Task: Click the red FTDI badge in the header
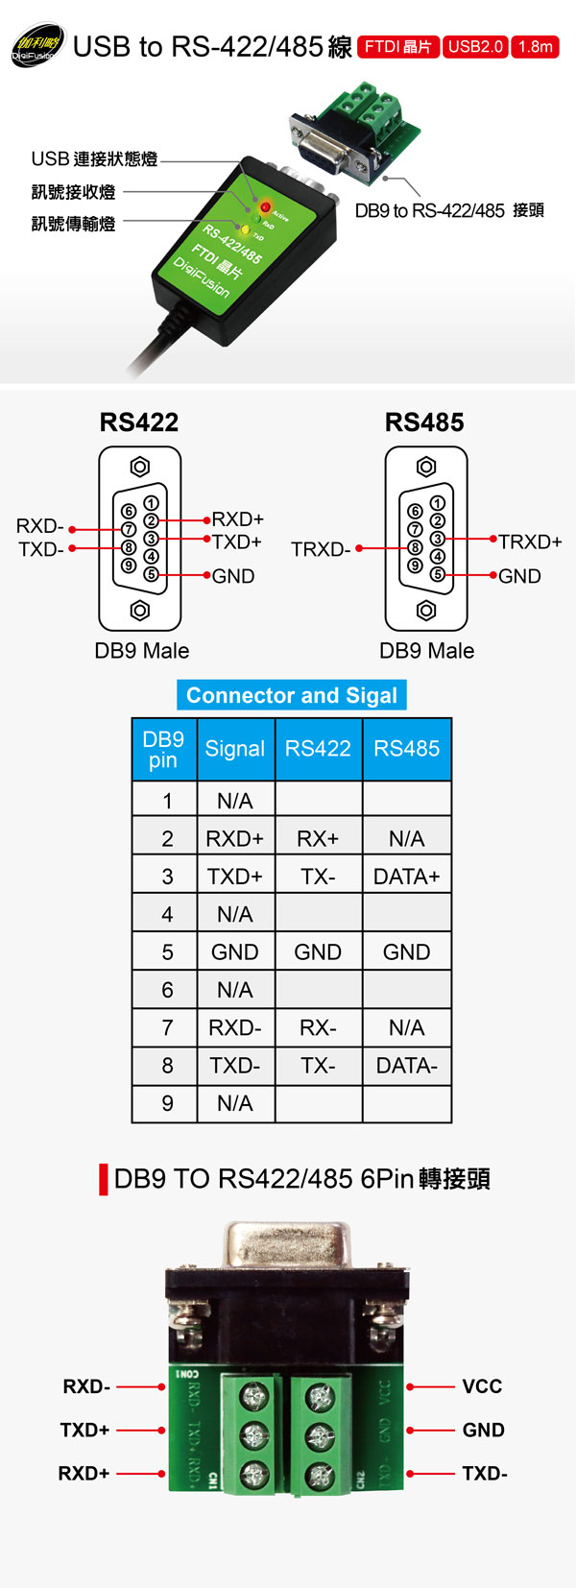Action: coord(397,46)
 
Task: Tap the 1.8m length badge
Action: coord(535,46)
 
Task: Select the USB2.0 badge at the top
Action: coord(475,46)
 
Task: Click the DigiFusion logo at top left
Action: coord(36,45)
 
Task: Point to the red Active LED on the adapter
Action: coord(265,206)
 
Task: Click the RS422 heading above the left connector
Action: coord(139,422)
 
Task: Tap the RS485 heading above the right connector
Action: coord(424,422)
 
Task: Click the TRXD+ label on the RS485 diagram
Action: coord(530,541)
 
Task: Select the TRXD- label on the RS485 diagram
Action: coord(321,549)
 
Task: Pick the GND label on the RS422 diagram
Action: coord(233,576)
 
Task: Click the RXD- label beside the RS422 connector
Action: coord(39,526)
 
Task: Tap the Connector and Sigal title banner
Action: coord(291,695)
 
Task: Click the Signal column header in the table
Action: coord(235,749)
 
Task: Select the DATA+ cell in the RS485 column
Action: coord(407,876)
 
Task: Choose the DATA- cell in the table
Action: coord(407,1065)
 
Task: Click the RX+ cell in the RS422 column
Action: coord(318,838)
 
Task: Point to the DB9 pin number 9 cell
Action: coord(167,1103)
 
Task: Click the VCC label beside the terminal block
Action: coord(482,1386)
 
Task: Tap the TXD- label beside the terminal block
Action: coord(485,1473)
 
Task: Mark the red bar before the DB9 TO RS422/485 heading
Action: coord(104,1179)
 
